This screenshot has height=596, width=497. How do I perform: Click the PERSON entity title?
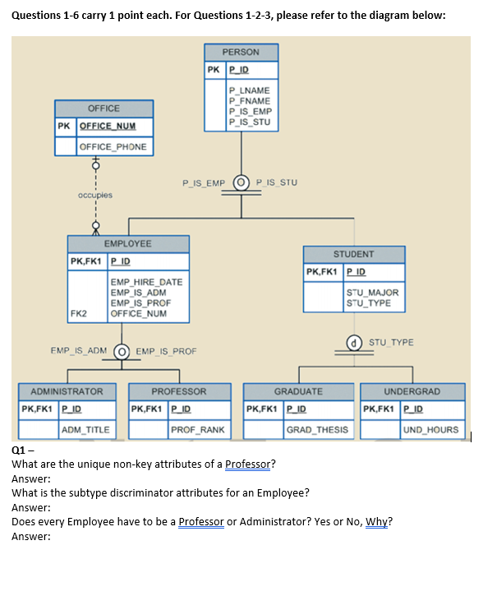point(242,53)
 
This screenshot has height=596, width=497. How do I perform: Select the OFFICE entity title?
point(104,109)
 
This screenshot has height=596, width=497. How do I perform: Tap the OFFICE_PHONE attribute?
point(113,147)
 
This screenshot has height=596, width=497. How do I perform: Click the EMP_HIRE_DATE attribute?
point(146,282)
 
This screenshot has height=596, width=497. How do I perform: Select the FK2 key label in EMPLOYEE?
point(80,313)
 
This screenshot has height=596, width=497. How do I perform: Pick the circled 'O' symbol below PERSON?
point(242,182)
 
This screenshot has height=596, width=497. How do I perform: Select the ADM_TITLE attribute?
point(85,429)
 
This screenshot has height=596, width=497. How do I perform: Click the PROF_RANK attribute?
point(197,429)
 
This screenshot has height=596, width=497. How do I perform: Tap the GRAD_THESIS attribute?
point(317,429)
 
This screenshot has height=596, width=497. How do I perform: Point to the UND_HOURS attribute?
point(432,429)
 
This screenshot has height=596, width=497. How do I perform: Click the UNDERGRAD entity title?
point(412,391)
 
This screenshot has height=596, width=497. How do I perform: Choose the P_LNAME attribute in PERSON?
point(251,90)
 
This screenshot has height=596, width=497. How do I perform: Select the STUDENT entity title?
point(354,254)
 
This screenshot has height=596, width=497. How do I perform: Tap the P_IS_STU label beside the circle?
point(277,182)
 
